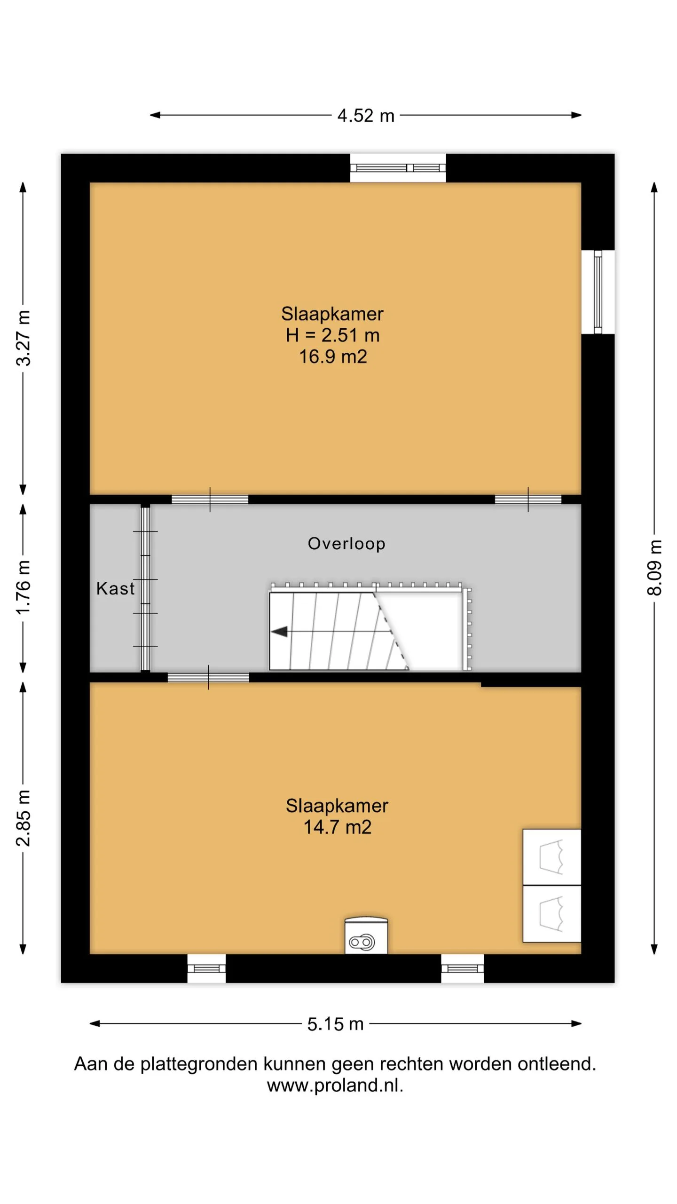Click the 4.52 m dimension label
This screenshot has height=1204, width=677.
click(366, 116)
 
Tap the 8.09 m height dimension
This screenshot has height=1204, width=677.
click(654, 568)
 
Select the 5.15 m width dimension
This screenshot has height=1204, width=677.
click(335, 1024)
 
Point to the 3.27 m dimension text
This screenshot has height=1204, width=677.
click(23, 338)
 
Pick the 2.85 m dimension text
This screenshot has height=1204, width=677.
click(23, 818)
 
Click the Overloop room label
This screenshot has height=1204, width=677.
click(346, 544)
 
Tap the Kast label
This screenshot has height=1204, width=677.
click(115, 588)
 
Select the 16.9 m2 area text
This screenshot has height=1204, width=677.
click(333, 356)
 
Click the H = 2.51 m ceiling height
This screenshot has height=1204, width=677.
click(333, 335)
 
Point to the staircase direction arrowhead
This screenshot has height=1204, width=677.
click(279, 631)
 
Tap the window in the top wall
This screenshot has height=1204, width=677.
click(398, 168)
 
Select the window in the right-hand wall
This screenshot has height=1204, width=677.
click(598, 292)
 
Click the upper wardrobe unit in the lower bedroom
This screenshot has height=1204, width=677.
click(552, 857)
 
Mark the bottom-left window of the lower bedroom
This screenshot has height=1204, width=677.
click(206, 968)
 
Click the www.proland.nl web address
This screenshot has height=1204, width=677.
click(335, 1085)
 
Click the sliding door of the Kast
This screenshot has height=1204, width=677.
click(145, 588)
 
